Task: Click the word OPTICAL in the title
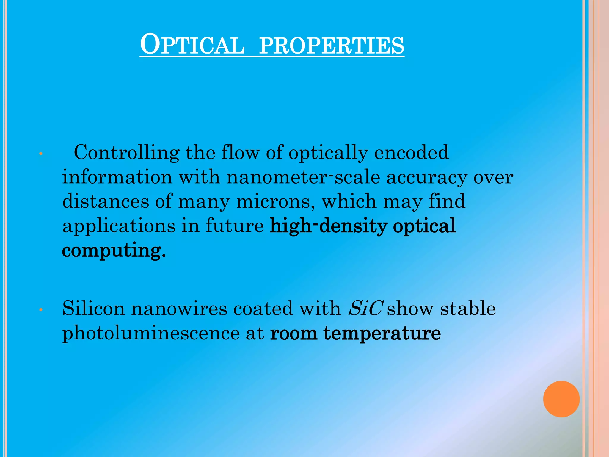(192, 45)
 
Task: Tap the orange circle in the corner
(561, 399)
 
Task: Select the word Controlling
(126, 152)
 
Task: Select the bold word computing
(112, 251)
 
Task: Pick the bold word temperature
(382, 333)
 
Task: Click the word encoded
(411, 152)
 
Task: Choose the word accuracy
(427, 178)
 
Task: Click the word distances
(106, 201)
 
